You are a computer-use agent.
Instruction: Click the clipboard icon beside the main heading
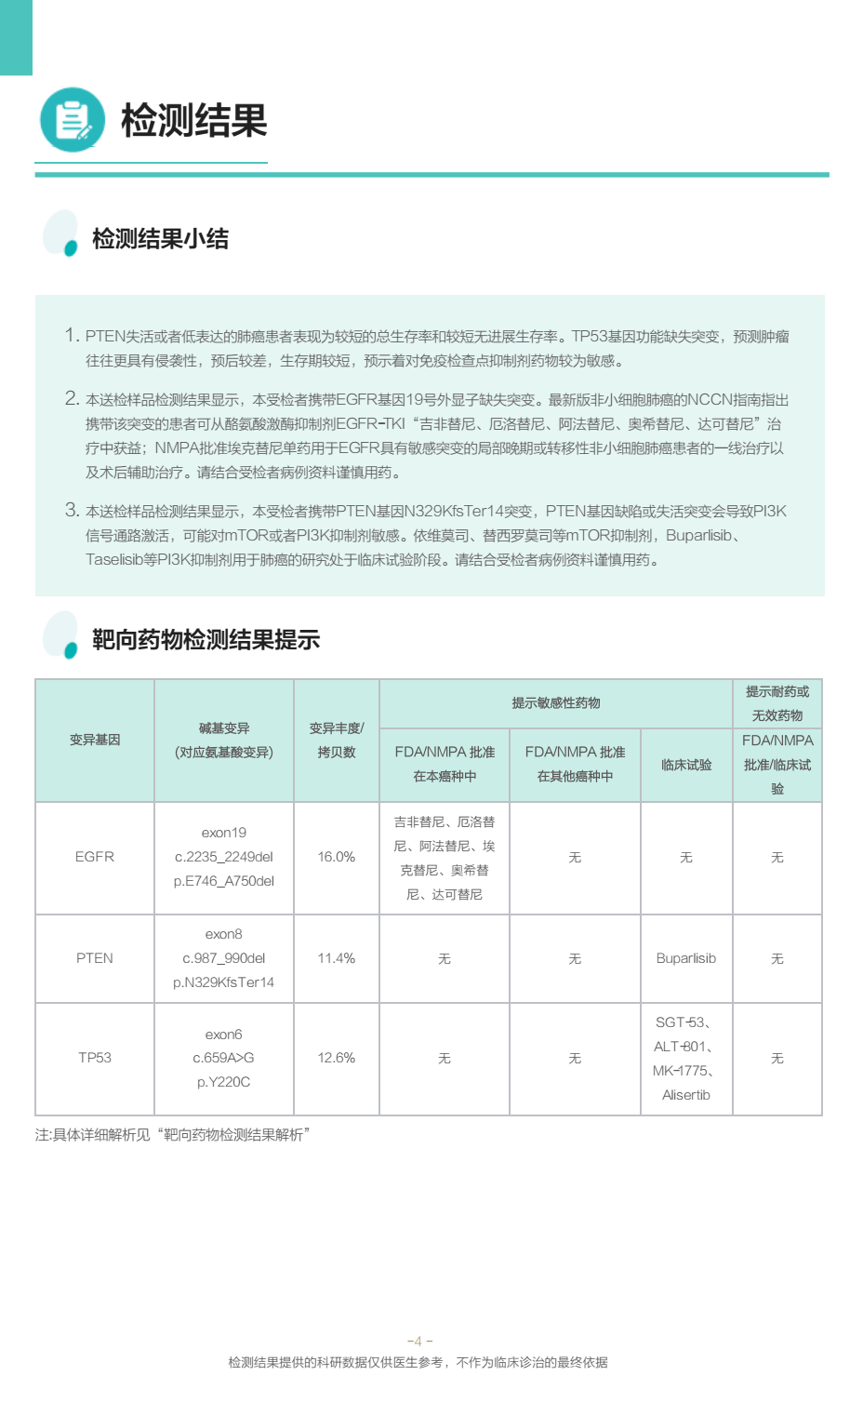pos(73,120)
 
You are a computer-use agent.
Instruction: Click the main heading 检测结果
pos(193,121)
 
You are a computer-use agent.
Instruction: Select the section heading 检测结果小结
pos(160,239)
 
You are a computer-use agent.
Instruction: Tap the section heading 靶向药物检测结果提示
pos(206,640)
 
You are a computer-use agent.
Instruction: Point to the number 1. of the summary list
pos(72,335)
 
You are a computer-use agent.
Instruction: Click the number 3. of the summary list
pos(72,510)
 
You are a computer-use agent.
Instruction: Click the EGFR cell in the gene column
pos(95,857)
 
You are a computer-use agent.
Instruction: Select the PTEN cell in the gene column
pos(95,958)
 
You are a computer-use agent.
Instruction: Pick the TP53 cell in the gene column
pos(95,1058)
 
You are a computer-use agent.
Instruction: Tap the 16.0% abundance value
pos(337,857)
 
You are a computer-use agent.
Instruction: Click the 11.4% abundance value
pos(337,958)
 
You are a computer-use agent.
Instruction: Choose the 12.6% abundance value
pos(337,1058)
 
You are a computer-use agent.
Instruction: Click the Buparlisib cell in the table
pos(686,958)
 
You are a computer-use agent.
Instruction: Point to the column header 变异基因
pos(95,740)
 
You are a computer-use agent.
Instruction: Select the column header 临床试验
pos(686,765)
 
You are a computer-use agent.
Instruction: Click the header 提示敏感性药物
pos(556,703)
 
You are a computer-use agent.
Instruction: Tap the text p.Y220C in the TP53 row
pos(223,1082)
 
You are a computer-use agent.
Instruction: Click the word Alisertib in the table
pos(686,1095)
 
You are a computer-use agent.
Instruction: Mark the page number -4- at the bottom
pos(419,1341)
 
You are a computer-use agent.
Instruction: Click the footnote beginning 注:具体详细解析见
pos(173,1135)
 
